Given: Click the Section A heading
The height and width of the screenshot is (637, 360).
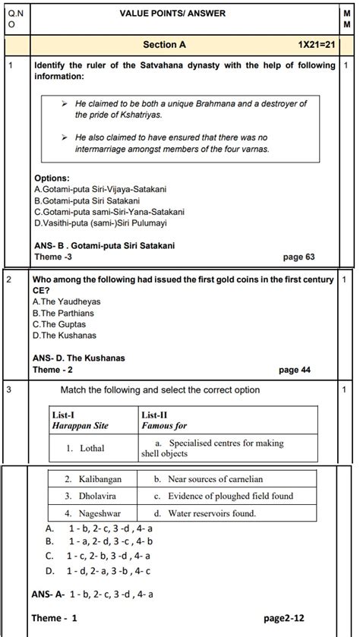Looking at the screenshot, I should point(164,46).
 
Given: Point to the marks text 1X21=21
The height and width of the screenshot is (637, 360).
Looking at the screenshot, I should point(317,46).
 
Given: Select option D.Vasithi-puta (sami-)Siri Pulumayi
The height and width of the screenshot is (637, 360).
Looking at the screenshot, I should point(100,223).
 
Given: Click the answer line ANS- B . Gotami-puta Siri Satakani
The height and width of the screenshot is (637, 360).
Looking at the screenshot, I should point(105,246).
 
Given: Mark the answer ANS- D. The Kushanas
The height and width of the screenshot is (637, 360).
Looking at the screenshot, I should point(79,358).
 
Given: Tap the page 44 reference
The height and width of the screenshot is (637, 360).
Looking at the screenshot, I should point(295,370).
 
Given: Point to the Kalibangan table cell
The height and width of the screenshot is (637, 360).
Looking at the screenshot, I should point(92,480).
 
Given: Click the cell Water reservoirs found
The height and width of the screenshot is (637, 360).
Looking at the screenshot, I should point(210,513).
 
